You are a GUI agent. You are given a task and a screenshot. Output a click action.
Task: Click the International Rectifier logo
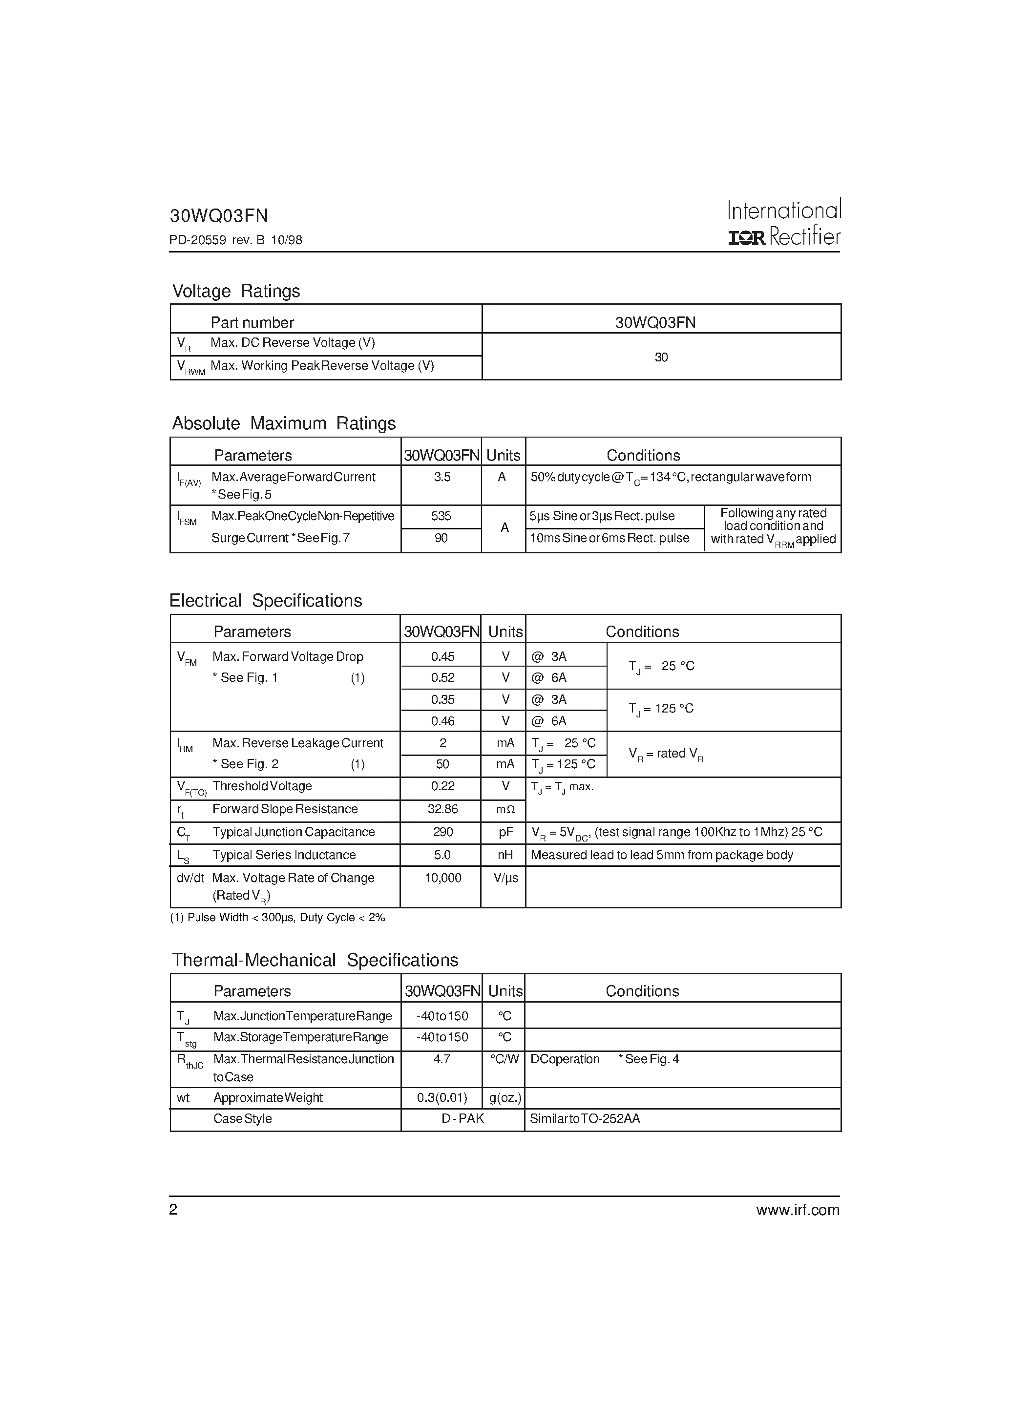(x=784, y=223)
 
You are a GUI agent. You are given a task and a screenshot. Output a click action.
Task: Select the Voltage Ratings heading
(x=236, y=291)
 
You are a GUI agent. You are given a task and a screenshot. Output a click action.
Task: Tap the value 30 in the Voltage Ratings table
(x=661, y=357)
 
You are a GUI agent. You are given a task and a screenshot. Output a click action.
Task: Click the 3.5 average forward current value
(x=441, y=477)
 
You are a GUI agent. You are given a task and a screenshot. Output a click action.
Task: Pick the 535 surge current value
(x=441, y=516)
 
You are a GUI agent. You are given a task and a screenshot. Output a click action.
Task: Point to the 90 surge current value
(x=441, y=538)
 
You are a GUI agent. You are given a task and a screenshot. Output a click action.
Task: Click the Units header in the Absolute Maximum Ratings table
(x=503, y=455)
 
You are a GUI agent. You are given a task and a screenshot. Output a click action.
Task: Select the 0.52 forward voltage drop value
(x=442, y=678)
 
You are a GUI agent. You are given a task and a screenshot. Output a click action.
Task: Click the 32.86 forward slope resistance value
(x=442, y=809)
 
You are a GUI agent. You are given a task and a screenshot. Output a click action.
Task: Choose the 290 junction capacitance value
(x=442, y=832)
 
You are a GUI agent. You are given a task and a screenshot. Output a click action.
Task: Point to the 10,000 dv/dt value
(x=442, y=878)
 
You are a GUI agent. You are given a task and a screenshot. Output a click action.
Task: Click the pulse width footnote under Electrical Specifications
(x=277, y=917)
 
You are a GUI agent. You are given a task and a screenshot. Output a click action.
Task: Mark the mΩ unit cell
(x=505, y=810)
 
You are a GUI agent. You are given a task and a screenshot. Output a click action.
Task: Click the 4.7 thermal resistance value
(x=441, y=1059)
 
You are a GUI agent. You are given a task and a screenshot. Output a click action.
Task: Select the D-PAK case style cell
(x=462, y=1119)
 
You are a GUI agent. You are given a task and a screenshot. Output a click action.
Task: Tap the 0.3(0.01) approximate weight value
(x=441, y=1098)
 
